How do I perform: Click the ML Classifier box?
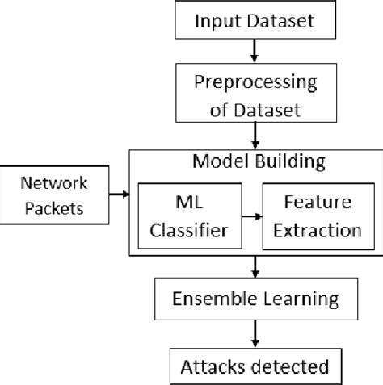pyautogui.click(x=184, y=216)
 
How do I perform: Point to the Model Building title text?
pyautogui.click(x=259, y=161)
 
